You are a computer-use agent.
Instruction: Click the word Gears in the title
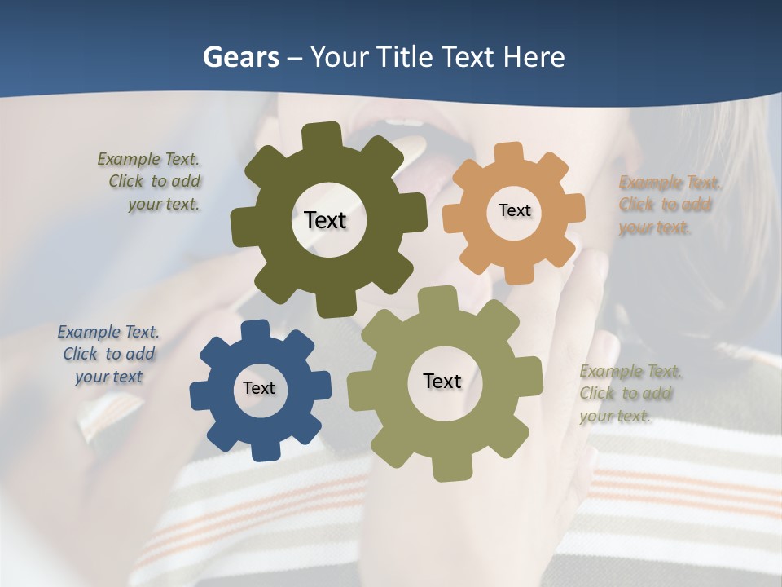pos(240,57)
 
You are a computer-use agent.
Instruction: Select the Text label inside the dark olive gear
pos(325,220)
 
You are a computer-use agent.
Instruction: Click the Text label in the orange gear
pos(514,210)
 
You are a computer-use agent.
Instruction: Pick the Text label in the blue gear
pos(258,388)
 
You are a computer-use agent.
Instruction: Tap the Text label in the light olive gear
pos(442,381)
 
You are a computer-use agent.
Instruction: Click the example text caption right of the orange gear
pos(670,205)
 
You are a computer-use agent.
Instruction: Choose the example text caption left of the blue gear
pos(108,354)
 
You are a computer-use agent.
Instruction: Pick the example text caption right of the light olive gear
pos(629,394)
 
